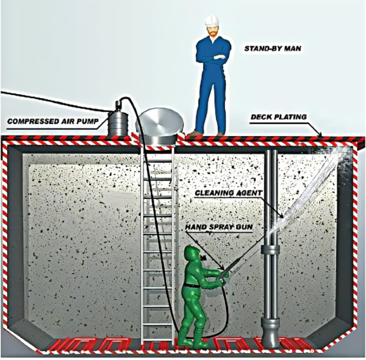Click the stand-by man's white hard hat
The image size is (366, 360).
click(x=212, y=21)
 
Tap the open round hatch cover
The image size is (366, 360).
click(x=158, y=125)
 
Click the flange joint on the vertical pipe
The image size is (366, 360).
click(x=270, y=252)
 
